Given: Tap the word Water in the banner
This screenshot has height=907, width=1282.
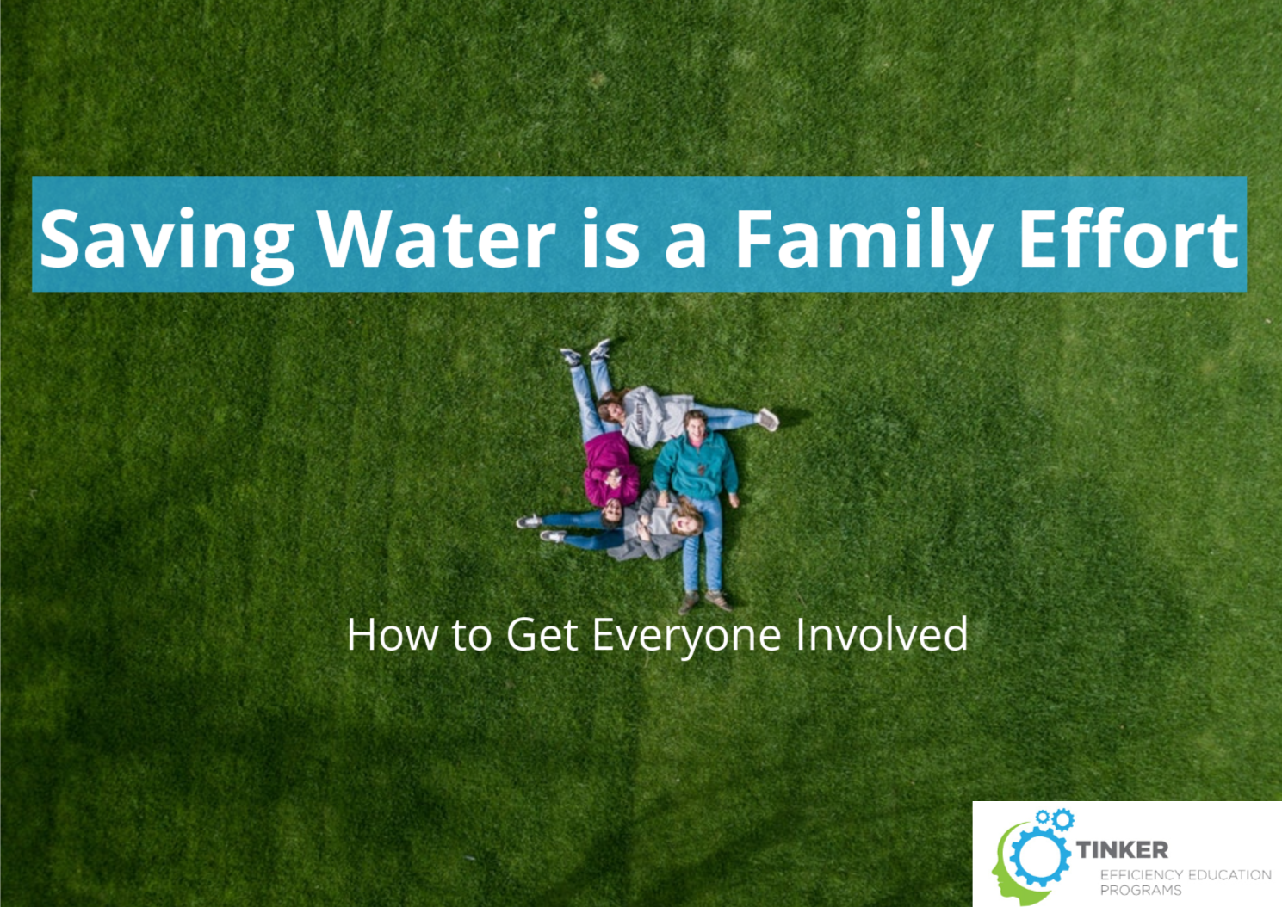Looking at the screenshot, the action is tap(437, 238).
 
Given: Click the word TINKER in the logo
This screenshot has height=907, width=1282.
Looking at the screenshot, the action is tap(1123, 850).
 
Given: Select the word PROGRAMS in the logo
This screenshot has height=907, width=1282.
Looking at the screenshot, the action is tap(1141, 891).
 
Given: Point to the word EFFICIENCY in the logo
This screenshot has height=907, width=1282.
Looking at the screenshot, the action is tap(1141, 875).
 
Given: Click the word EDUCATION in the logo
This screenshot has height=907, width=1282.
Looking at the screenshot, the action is tap(1229, 875).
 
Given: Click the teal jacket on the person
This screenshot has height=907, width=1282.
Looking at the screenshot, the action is tap(696, 466).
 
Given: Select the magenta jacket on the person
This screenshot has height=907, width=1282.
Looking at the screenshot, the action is tap(610, 469).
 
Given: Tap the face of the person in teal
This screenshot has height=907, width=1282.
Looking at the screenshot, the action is tap(697, 425).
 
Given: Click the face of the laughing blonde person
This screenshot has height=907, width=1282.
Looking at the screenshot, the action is tap(684, 522).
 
